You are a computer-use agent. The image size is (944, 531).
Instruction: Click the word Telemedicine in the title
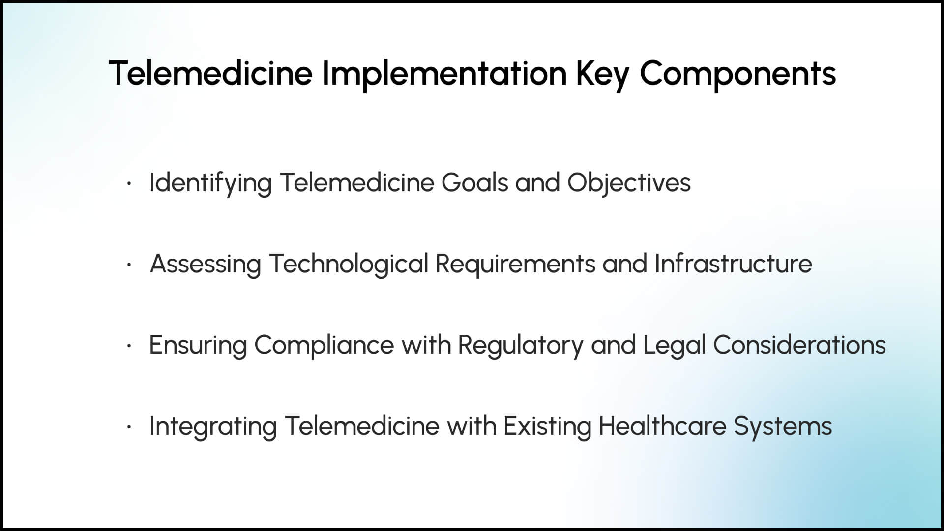(x=210, y=73)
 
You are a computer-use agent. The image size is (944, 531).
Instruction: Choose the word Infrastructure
(x=733, y=263)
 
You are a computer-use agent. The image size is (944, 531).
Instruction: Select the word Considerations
(x=799, y=344)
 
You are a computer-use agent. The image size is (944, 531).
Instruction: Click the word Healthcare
(x=662, y=425)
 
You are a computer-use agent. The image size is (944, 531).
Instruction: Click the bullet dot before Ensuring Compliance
(x=129, y=346)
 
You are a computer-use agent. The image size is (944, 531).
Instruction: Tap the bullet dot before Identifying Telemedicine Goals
(x=129, y=184)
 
